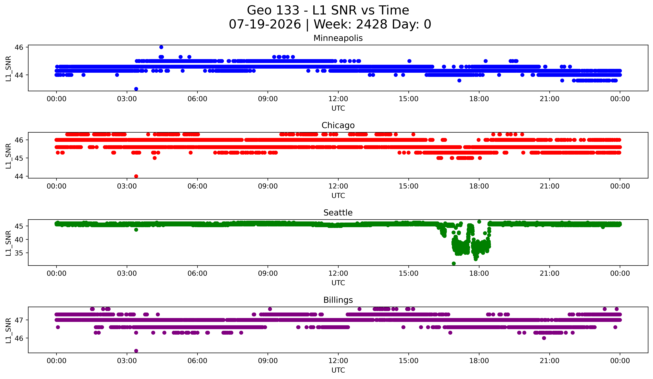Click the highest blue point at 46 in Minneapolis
point(161,47)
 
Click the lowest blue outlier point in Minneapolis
point(136,89)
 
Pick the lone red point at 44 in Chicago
point(136,176)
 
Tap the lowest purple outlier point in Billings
point(136,351)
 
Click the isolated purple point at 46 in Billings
point(544,338)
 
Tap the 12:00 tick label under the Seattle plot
point(338,274)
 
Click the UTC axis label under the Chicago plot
point(338,196)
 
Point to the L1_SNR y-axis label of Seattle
point(8,243)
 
